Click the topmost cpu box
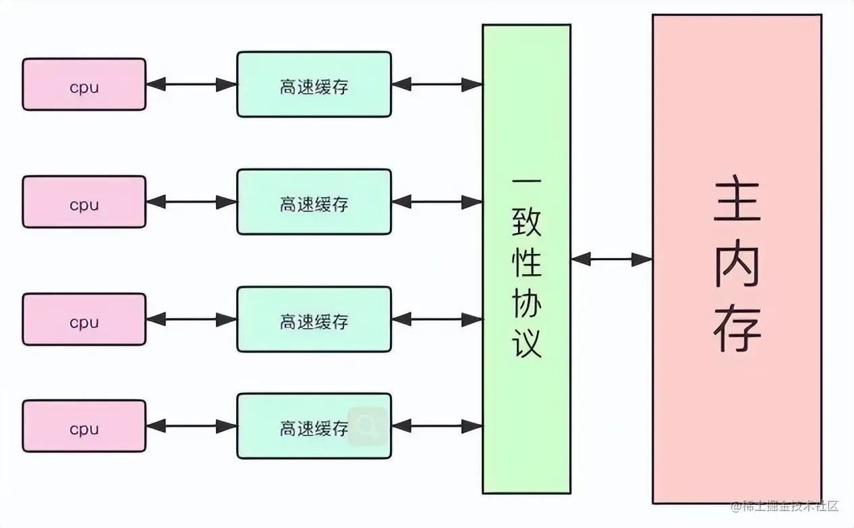pos(84,84)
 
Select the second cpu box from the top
pos(84,202)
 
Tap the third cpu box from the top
pos(84,319)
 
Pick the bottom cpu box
pos(84,426)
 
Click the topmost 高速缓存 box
pos(314,84)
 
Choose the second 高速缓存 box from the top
pos(314,202)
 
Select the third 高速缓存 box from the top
pos(314,319)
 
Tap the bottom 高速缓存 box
pos(314,426)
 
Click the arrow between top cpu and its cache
pos(191,84)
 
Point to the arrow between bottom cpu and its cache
pos(191,426)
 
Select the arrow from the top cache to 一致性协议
pos(436,84)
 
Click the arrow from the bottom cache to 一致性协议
pos(436,426)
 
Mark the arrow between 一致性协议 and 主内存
pos(611,259)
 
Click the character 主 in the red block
pos(737,201)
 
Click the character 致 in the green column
pos(527,223)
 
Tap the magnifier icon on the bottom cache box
pos(368,426)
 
